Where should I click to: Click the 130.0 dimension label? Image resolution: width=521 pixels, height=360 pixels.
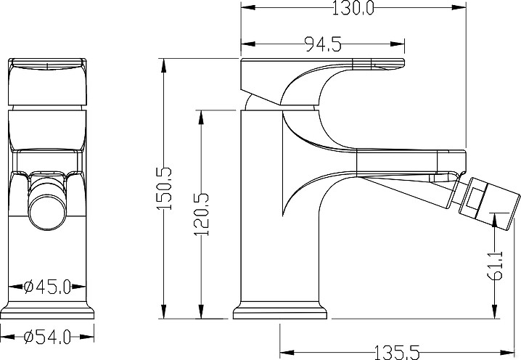(x=353, y=8)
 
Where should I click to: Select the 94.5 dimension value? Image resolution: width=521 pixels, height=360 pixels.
(x=323, y=44)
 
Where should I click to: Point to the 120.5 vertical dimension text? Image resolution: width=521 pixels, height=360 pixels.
(x=202, y=214)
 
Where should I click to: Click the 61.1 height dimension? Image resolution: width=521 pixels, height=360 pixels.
(x=495, y=265)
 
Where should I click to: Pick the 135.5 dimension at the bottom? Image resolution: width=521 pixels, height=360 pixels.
(x=397, y=352)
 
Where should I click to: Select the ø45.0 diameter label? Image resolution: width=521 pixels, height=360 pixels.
(x=47, y=287)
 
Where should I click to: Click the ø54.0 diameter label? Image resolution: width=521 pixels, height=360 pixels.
(x=47, y=337)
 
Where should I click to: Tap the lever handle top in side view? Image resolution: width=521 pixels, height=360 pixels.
(x=322, y=65)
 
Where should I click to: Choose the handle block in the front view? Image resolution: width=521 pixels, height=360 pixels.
(x=47, y=81)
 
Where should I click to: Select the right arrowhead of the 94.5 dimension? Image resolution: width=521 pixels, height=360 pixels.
(x=398, y=44)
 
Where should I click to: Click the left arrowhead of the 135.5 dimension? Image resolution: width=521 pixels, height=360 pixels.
(x=287, y=352)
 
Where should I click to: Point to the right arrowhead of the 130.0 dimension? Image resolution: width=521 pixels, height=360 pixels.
(x=459, y=7)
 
